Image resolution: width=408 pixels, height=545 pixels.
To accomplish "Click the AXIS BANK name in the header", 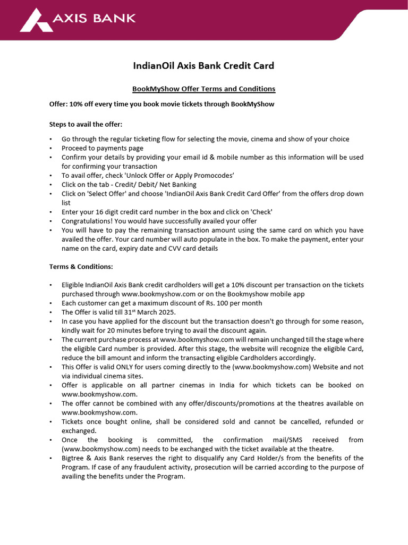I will pos(94,19).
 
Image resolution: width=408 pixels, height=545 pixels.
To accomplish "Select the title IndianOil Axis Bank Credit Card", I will pos(203,66).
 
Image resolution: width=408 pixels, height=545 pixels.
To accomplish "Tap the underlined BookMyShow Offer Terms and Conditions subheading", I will pos(203,89).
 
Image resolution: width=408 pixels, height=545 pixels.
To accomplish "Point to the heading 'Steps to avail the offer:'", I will pos(86,125).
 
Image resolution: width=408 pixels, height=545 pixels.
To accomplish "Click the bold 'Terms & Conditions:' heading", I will pos(81,266).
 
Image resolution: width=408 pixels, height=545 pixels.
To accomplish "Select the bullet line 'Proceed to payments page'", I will pos(103,148).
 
